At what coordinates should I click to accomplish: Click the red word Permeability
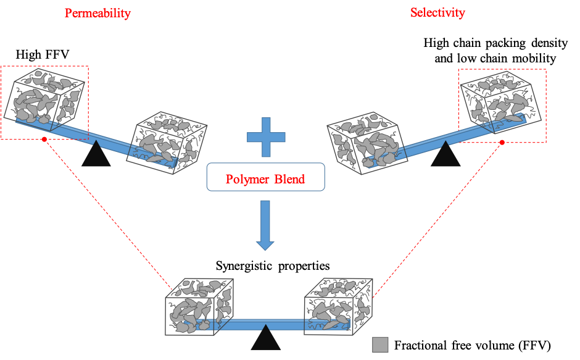tap(97, 13)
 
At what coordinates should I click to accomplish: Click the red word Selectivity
tap(437, 12)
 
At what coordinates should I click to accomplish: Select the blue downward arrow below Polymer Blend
tap(265, 225)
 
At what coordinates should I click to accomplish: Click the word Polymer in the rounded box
tap(246, 179)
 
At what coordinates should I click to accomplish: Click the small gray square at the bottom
tap(380, 345)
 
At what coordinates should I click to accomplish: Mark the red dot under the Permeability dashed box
tap(44, 140)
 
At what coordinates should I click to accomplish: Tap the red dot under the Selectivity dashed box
tap(502, 143)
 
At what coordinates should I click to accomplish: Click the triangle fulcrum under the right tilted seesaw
tap(445, 156)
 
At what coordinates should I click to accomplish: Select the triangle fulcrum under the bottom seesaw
tap(265, 339)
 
